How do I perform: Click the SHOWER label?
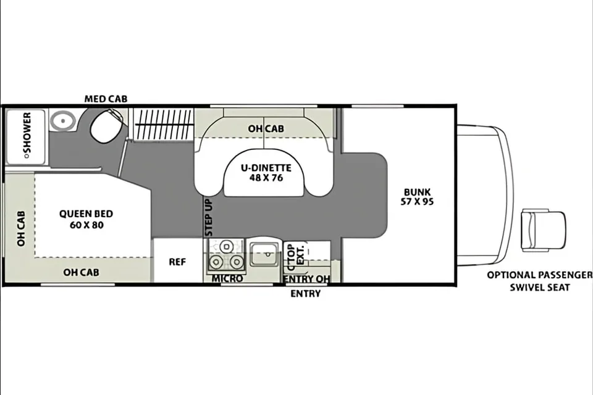[27, 135]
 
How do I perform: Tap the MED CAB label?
[106, 99]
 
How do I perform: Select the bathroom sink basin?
[63, 121]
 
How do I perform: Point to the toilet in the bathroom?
[107, 127]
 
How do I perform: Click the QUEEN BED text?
[86, 214]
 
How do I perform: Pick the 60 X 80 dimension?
[86, 225]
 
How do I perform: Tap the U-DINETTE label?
[266, 168]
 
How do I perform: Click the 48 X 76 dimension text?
[266, 178]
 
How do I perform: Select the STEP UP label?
[209, 218]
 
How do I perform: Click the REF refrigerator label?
[177, 262]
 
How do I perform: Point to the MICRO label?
[227, 278]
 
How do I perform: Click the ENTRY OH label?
[307, 279]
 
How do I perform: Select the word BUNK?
[417, 192]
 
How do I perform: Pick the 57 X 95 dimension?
[417, 201]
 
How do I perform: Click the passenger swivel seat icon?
[544, 230]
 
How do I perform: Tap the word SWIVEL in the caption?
[526, 287]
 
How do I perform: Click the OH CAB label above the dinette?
[266, 129]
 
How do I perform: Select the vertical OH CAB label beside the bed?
[21, 229]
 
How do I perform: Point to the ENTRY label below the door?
[306, 293]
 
